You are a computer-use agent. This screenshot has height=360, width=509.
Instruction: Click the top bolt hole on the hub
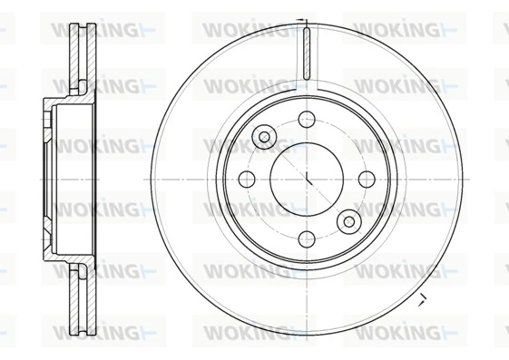307,119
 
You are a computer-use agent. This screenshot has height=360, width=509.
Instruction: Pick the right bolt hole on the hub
367,179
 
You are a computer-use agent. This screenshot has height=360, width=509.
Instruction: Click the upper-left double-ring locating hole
264,137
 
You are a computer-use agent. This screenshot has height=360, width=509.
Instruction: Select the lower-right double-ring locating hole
349,220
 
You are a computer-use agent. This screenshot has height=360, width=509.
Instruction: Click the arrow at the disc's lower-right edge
420,299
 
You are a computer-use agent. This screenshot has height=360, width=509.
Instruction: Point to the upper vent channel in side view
83,50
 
